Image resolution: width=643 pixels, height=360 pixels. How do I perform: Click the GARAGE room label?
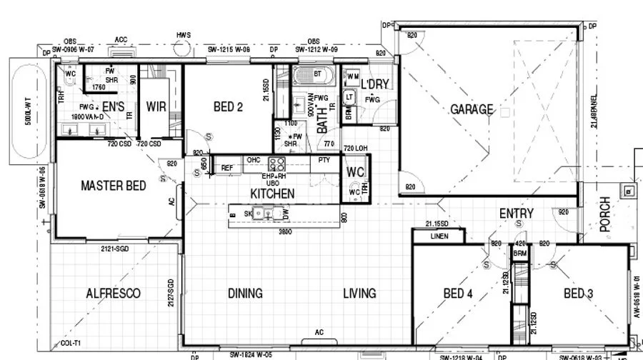click(472, 109)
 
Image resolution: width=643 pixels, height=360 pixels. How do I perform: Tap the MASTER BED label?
click(113, 186)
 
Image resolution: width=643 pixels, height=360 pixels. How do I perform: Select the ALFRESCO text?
click(113, 293)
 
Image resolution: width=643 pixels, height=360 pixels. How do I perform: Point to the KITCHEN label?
click(272, 194)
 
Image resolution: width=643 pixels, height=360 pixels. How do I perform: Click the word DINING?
click(245, 293)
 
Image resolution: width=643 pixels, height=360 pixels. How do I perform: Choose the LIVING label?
click(359, 293)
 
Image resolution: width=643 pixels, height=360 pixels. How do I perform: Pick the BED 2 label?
click(229, 107)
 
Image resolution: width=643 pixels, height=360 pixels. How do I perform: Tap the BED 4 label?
click(458, 293)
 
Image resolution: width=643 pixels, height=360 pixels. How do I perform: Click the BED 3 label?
click(578, 293)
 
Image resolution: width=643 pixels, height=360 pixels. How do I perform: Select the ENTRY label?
click(516, 213)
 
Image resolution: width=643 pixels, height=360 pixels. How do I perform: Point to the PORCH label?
click(605, 214)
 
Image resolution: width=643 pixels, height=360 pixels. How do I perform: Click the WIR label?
click(156, 107)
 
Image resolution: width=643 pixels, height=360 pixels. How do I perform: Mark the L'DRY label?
click(375, 84)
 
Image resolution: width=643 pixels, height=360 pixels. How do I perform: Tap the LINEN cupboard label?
click(439, 236)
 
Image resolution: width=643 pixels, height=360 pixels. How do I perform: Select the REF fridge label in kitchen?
click(227, 168)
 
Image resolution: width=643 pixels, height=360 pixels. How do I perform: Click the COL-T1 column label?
click(71, 344)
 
